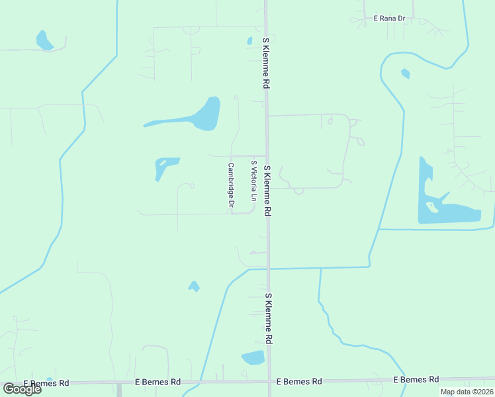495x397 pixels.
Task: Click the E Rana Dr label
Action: [x=388, y=18]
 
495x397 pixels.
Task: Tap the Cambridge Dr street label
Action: [x=231, y=187]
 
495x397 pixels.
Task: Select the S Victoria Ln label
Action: [x=253, y=181]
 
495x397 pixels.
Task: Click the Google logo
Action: [x=22, y=388]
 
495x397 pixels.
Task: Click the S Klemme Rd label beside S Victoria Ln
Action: [x=268, y=191]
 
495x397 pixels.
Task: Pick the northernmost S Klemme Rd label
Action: [x=266, y=63]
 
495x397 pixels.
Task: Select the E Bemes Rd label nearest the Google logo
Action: [x=46, y=383]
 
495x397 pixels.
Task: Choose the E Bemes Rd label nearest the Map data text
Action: [x=416, y=380]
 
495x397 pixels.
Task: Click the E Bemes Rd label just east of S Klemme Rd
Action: [x=299, y=382]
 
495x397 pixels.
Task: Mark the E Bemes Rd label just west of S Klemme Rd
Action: [x=157, y=382]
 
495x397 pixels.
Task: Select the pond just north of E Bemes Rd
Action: [x=253, y=358]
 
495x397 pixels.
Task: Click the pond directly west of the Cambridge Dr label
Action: [x=165, y=166]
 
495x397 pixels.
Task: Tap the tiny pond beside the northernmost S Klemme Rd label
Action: [x=249, y=41]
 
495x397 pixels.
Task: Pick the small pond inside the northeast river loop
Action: [x=405, y=73]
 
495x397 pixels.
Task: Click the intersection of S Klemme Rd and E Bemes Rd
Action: [x=269, y=382]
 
